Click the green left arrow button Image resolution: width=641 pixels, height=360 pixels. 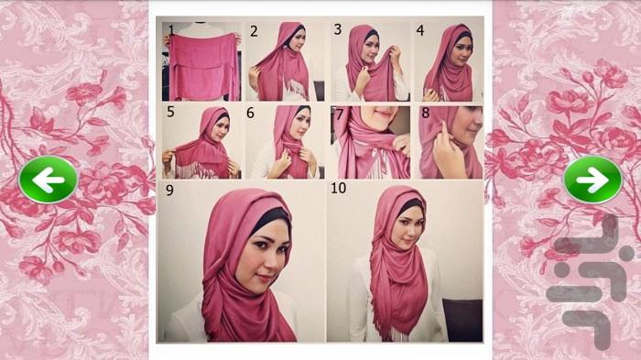(x=49, y=180)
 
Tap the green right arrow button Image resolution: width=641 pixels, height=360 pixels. (x=592, y=180)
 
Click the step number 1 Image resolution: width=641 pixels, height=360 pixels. (x=171, y=30)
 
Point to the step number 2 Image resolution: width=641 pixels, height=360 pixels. (x=254, y=31)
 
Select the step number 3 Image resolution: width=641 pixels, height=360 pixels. (x=338, y=29)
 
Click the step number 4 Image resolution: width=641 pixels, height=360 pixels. (x=420, y=30)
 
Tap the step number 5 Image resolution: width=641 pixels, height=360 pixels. (x=170, y=112)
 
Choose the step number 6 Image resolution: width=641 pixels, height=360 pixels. (x=250, y=113)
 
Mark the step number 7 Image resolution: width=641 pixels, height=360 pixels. (x=339, y=115)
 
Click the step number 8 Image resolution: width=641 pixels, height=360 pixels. (x=425, y=113)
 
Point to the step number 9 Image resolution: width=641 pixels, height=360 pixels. (x=169, y=191)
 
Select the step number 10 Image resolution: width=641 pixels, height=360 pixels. (x=339, y=188)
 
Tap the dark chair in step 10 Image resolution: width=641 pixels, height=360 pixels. (x=462, y=320)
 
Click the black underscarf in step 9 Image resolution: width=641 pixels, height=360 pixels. (x=271, y=218)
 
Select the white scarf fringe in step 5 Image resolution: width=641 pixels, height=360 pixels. (x=197, y=170)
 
